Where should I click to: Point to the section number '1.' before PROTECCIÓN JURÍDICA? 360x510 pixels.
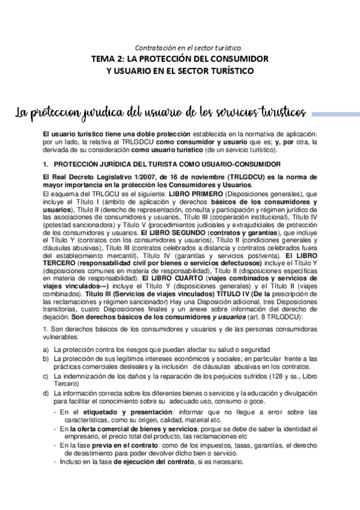pyautogui.click(x=45, y=164)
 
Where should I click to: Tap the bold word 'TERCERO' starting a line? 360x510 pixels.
pyautogui.click(x=58, y=263)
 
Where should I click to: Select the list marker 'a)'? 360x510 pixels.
pyautogui.click(x=46, y=349)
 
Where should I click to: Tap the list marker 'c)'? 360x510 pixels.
pyautogui.click(x=46, y=376)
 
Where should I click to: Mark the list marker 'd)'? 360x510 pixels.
pyautogui.click(x=46, y=393)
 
